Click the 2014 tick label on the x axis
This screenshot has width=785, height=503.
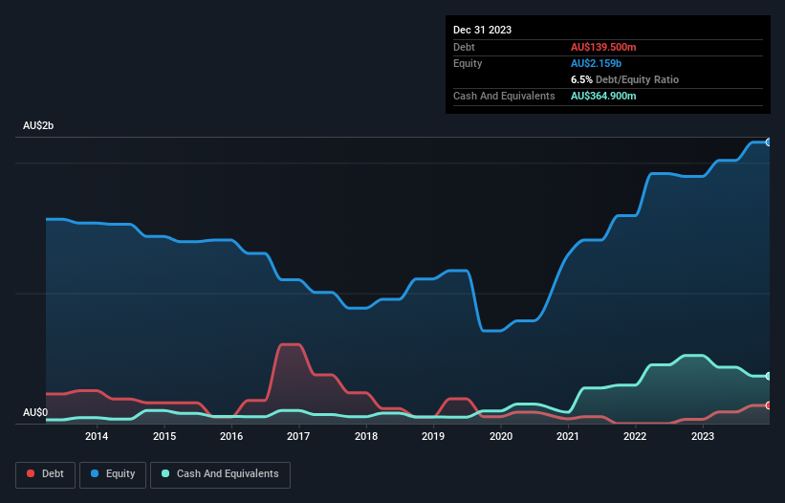[x=97, y=437]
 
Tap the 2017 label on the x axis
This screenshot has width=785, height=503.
[x=298, y=437]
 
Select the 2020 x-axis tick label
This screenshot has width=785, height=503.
[x=500, y=437]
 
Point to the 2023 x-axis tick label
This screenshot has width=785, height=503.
[x=703, y=437]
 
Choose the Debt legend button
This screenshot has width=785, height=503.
[x=45, y=474]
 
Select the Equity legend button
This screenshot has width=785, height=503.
[x=114, y=474]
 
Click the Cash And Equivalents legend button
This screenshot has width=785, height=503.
[x=220, y=474]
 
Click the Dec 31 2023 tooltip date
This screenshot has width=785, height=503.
[x=482, y=30]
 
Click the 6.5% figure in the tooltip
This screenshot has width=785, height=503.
[x=582, y=79]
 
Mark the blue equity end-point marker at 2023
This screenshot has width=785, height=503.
[x=768, y=142]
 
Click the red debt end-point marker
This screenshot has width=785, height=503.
[x=768, y=405]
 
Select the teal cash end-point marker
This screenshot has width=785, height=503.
[x=768, y=376]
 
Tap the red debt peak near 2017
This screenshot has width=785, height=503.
[x=289, y=344]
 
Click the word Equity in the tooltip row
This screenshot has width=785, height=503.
[x=469, y=63]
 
